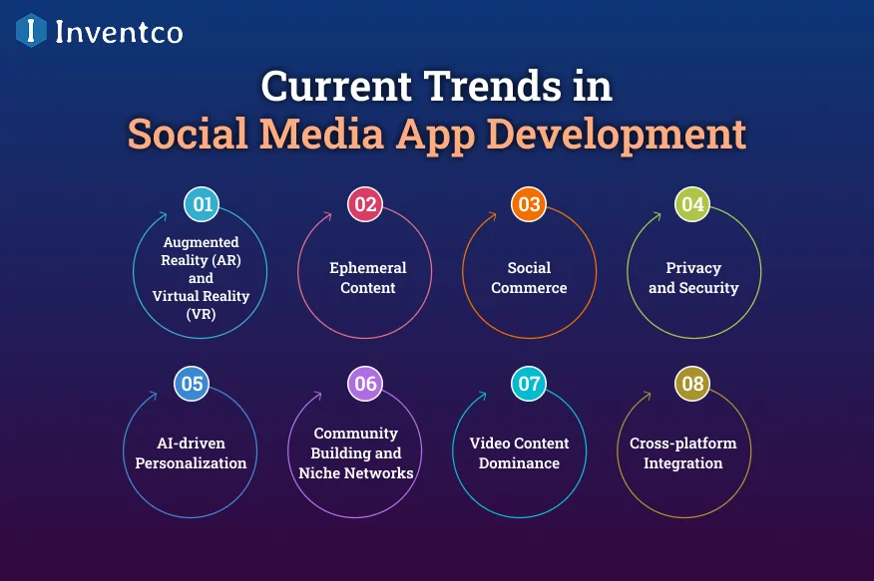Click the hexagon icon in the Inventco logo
[31, 31]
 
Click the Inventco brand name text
[119, 32]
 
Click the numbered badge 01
[204, 205]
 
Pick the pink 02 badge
[365, 205]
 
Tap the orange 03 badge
[529, 205]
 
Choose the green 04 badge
[692, 205]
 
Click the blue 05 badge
[192, 383]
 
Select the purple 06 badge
[365, 383]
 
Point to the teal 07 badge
[529, 383]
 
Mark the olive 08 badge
[692, 383]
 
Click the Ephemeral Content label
[368, 278]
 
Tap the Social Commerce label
[529, 278]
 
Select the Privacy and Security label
[693, 278]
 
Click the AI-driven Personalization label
[191, 453]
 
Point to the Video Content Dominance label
[519, 453]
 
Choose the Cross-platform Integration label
[682, 453]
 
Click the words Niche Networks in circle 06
[356, 473]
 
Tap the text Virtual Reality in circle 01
[201, 296]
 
